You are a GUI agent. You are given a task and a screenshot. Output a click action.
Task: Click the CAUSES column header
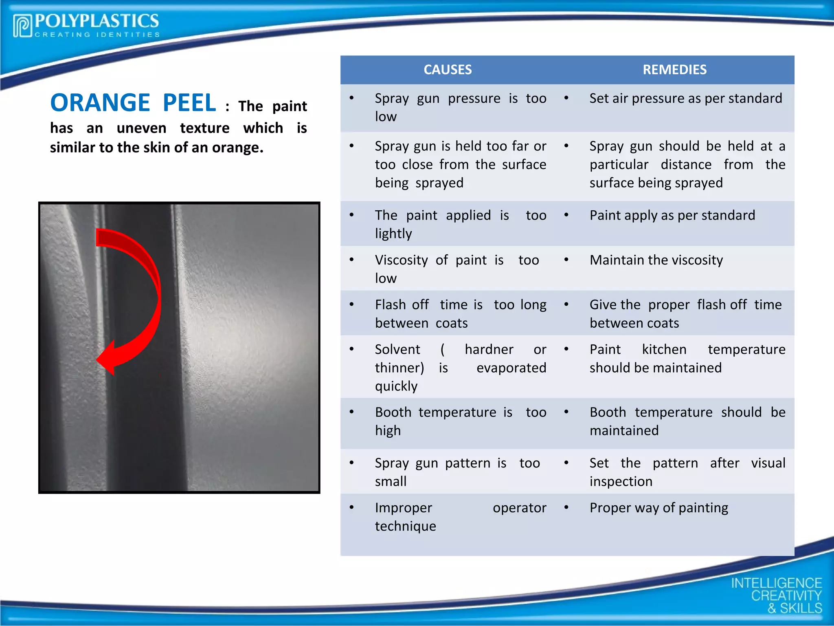pyautogui.click(x=448, y=70)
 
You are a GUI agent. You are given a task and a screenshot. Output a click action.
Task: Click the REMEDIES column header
pyautogui.click(x=674, y=70)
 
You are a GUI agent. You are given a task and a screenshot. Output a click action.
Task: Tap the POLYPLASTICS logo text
pyautogui.click(x=97, y=21)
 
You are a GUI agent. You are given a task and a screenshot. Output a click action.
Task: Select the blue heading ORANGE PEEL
pyautogui.click(x=133, y=103)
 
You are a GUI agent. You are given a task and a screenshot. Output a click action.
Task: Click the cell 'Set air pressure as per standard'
pyautogui.click(x=686, y=98)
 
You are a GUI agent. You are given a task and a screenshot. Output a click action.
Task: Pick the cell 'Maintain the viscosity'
pyautogui.click(x=656, y=260)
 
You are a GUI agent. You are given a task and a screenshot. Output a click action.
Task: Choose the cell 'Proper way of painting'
pyautogui.click(x=659, y=508)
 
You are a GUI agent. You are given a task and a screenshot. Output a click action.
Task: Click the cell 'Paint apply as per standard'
pyautogui.click(x=672, y=215)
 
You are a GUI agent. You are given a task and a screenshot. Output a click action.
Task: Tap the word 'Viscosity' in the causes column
pyautogui.click(x=401, y=260)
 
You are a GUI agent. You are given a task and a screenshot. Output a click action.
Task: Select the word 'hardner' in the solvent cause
pyautogui.click(x=489, y=349)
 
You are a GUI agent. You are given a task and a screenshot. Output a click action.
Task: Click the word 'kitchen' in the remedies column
pyautogui.click(x=664, y=349)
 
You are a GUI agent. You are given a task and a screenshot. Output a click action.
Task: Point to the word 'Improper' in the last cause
pyautogui.click(x=403, y=508)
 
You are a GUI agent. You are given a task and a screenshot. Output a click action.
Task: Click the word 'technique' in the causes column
pyautogui.click(x=405, y=526)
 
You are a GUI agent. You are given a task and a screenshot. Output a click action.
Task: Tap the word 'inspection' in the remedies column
pyautogui.click(x=621, y=481)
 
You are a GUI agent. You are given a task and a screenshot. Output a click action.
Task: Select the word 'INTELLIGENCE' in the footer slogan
pyautogui.click(x=776, y=583)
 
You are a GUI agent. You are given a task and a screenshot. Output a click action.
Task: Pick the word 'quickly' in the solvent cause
pyautogui.click(x=396, y=386)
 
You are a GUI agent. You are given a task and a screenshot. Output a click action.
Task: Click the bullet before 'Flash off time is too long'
pyautogui.click(x=351, y=304)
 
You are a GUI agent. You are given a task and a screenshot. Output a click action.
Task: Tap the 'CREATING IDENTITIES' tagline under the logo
pyautogui.click(x=97, y=35)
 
